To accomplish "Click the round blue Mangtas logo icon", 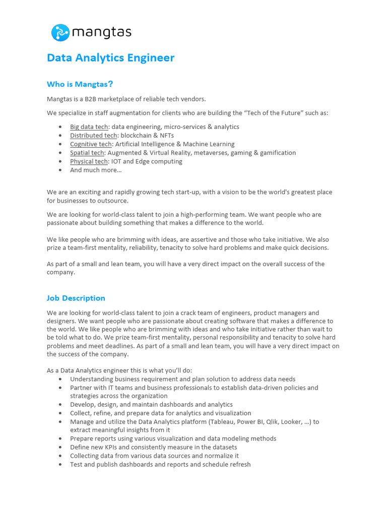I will (60, 33).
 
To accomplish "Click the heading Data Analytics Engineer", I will (110, 57).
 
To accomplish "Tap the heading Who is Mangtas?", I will (83, 84).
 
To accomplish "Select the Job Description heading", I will (76, 298).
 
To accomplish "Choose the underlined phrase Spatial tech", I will (87, 153).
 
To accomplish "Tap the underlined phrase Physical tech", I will (89, 161).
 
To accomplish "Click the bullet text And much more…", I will (96, 170).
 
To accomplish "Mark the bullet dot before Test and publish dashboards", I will (60, 465).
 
